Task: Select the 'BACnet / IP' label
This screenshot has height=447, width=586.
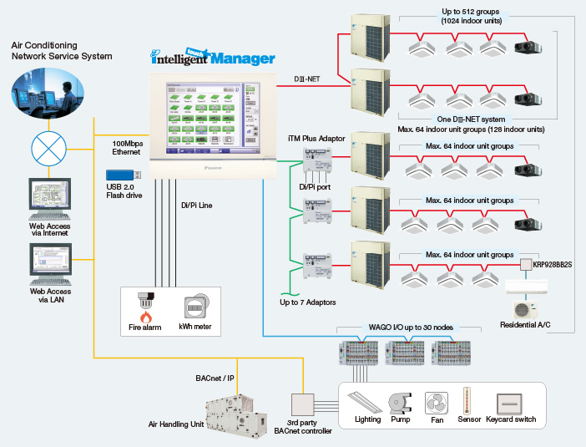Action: click(214, 378)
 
